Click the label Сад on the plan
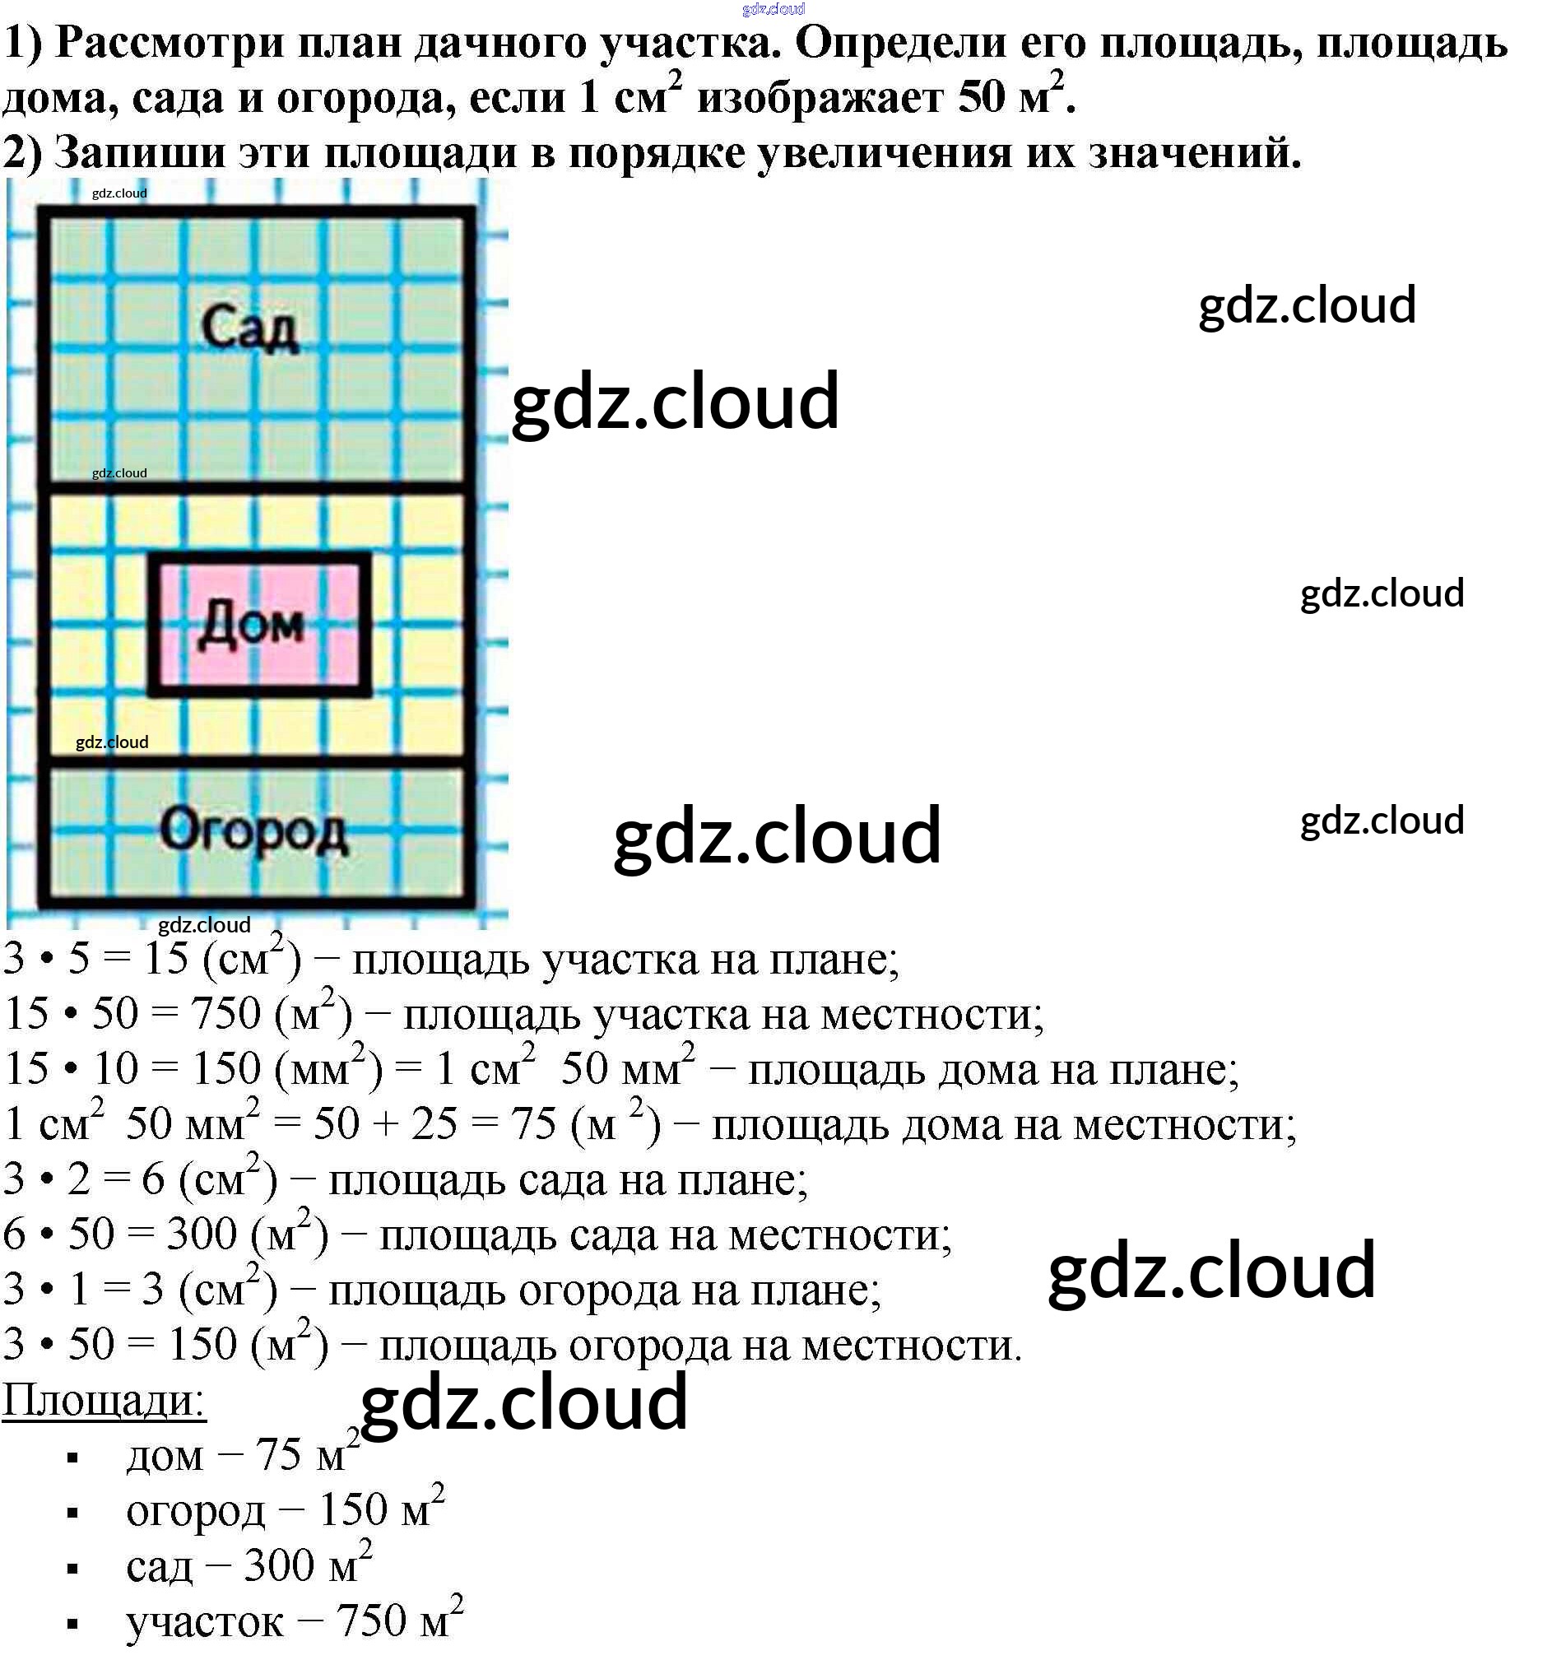249,328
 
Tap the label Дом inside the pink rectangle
251,625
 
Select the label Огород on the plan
253,831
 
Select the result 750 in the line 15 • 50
225,1014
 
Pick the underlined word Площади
104,1398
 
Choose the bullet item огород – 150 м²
284,1509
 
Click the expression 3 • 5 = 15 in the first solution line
96,959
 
